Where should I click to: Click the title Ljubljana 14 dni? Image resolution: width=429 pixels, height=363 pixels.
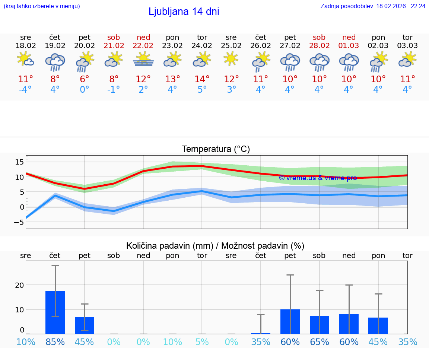tap(184, 12)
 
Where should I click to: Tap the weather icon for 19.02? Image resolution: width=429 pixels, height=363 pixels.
tap(55, 62)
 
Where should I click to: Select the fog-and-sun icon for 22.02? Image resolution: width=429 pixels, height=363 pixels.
tap(143, 60)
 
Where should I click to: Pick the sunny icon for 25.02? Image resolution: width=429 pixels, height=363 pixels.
tap(231, 59)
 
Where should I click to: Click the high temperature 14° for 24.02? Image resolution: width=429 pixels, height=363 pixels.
tap(202, 79)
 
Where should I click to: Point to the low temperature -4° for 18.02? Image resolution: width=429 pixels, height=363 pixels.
tap(26, 90)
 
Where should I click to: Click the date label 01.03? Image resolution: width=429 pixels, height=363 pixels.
tap(349, 46)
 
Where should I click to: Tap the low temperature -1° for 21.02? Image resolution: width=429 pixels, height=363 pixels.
tap(114, 90)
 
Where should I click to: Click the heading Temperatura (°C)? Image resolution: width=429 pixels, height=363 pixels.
tap(216, 149)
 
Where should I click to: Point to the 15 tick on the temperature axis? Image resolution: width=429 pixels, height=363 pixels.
tap(19, 162)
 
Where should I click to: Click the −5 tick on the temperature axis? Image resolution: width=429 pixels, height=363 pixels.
tap(19, 223)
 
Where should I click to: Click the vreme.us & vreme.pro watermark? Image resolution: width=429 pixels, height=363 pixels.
tap(318, 178)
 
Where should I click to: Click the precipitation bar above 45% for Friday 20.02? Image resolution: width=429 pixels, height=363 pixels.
tap(85, 325)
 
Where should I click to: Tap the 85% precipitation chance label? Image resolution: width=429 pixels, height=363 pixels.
tap(55, 342)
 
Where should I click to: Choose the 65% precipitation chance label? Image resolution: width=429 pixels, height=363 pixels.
tap(320, 342)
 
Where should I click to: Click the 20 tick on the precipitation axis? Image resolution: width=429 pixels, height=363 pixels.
tap(19, 285)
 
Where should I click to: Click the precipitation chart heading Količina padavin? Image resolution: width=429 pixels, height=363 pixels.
tap(215, 246)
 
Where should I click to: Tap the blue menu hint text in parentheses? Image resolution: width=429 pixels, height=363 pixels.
tap(42, 6)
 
